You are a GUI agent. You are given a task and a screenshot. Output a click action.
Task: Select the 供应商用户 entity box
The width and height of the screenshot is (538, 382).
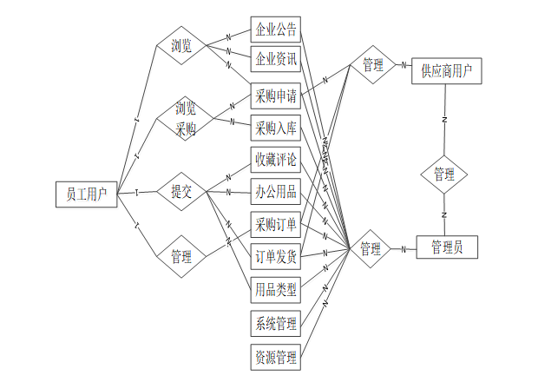pyautogui.click(x=446, y=70)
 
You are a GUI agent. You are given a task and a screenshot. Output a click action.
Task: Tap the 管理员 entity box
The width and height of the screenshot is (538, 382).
pyautogui.click(x=446, y=247)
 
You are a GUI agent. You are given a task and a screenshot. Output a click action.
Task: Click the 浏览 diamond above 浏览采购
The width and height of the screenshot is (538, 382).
pyautogui.click(x=181, y=45)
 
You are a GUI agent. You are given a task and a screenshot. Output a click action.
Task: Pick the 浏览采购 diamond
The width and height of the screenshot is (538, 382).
pyautogui.click(x=185, y=119)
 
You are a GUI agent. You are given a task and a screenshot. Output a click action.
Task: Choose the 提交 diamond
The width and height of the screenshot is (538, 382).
pyautogui.click(x=181, y=193)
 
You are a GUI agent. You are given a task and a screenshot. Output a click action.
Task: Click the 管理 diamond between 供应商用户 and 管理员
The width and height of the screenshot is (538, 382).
pyautogui.click(x=444, y=174)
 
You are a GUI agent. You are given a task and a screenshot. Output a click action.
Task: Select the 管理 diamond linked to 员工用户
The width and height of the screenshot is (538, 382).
pyautogui.click(x=181, y=256)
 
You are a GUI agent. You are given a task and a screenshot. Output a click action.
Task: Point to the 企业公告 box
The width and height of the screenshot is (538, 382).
pyautogui.click(x=276, y=30)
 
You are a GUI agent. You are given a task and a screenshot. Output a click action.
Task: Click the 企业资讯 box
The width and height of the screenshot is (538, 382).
pyautogui.click(x=276, y=60)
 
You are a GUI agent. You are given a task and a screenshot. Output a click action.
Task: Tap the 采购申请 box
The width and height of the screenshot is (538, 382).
pyautogui.click(x=276, y=95)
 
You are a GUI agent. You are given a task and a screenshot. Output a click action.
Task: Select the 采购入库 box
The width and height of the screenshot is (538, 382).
pyautogui.click(x=276, y=128)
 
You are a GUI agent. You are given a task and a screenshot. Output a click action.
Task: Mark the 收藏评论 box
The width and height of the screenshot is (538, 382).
pyautogui.click(x=276, y=161)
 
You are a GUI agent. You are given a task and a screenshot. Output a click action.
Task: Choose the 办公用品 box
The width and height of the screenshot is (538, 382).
pyautogui.click(x=276, y=192)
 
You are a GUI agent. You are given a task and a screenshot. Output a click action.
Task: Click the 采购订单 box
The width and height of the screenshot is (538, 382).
pyautogui.click(x=276, y=224)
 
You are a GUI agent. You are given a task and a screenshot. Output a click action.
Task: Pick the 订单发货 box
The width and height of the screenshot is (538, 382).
pyautogui.click(x=276, y=257)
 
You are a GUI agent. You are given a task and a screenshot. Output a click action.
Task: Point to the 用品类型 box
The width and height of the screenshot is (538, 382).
pyautogui.click(x=276, y=288)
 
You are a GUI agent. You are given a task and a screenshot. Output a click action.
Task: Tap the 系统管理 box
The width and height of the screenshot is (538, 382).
pyautogui.click(x=276, y=324)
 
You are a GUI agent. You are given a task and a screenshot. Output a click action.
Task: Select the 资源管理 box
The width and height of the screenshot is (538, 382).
pyautogui.click(x=276, y=356)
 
